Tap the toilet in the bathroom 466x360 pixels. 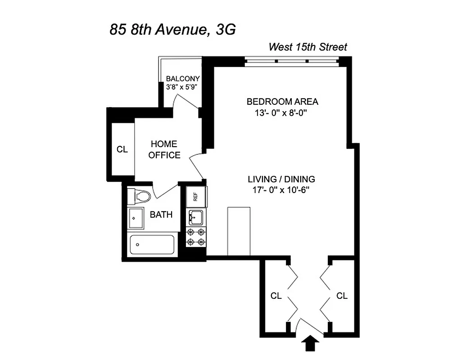(141, 196)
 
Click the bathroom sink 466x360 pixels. (136, 218)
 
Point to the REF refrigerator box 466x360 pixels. (196, 196)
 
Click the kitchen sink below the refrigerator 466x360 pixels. (196, 217)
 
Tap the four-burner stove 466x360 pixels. (196, 237)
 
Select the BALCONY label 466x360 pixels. (182, 78)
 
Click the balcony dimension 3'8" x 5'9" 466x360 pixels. (182, 87)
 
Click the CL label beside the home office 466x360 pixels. (122, 149)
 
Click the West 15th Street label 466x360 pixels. (308, 47)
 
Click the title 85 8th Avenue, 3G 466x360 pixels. (173, 30)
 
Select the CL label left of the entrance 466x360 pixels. (276, 296)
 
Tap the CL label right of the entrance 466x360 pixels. (342, 296)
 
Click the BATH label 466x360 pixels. (161, 215)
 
